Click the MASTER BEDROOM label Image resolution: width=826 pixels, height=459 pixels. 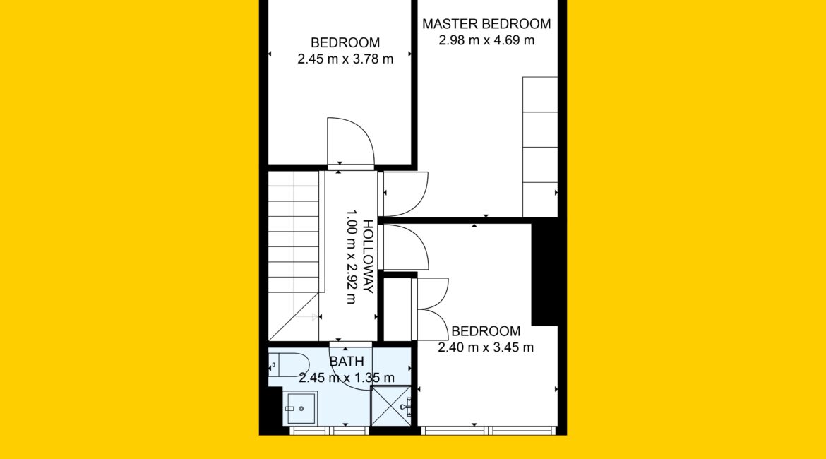(x=486, y=24)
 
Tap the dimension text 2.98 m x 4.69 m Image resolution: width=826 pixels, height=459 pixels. (x=486, y=40)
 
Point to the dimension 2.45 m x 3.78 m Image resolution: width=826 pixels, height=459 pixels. (x=345, y=59)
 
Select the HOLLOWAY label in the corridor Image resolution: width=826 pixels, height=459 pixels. (x=369, y=256)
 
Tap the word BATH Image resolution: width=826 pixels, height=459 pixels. (x=346, y=362)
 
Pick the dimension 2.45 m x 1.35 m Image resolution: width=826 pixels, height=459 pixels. (x=346, y=378)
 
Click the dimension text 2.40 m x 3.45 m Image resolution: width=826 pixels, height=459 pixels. (x=486, y=347)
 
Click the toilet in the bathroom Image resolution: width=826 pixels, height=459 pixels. (x=289, y=364)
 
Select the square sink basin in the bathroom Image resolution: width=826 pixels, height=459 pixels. (x=301, y=408)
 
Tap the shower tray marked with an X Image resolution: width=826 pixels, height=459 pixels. (x=391, y=406)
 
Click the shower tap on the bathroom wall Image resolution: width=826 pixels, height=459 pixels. (x=406, y=406)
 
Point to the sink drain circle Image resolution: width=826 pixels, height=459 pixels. (x=301, y=408)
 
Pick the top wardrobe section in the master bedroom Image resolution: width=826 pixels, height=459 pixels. (x=540, y=95)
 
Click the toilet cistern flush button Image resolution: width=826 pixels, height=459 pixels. (x=273, y=364)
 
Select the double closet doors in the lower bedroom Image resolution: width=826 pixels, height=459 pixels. (x=433, y=309)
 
